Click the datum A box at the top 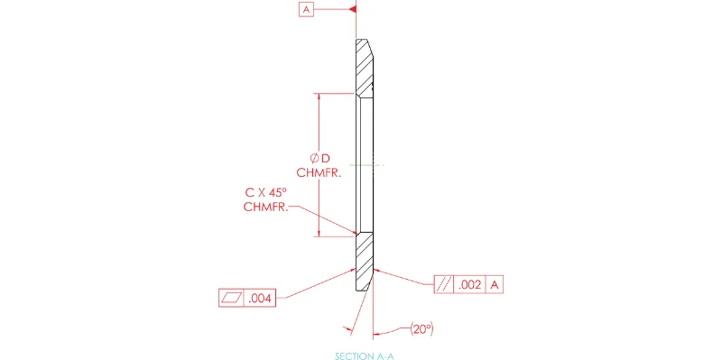click(x=306, y=9)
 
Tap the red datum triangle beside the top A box click(x=353, y=9)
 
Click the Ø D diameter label click(x=320, y=159)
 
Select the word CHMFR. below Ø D click(x=319, y=173)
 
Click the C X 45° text click(x=269, y=192)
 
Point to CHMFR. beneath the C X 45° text click(x=265, y=207)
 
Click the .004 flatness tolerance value click(x=261, y=299)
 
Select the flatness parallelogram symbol click(x=232, y=299)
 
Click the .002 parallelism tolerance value click(x=469, y=285)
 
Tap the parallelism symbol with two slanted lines click(x=444, y=285)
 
